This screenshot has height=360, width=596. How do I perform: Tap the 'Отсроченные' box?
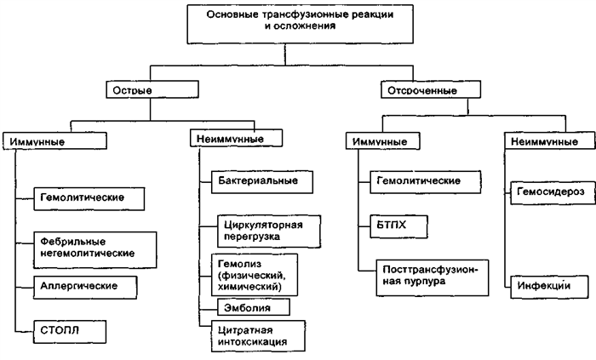click(413, 89)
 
